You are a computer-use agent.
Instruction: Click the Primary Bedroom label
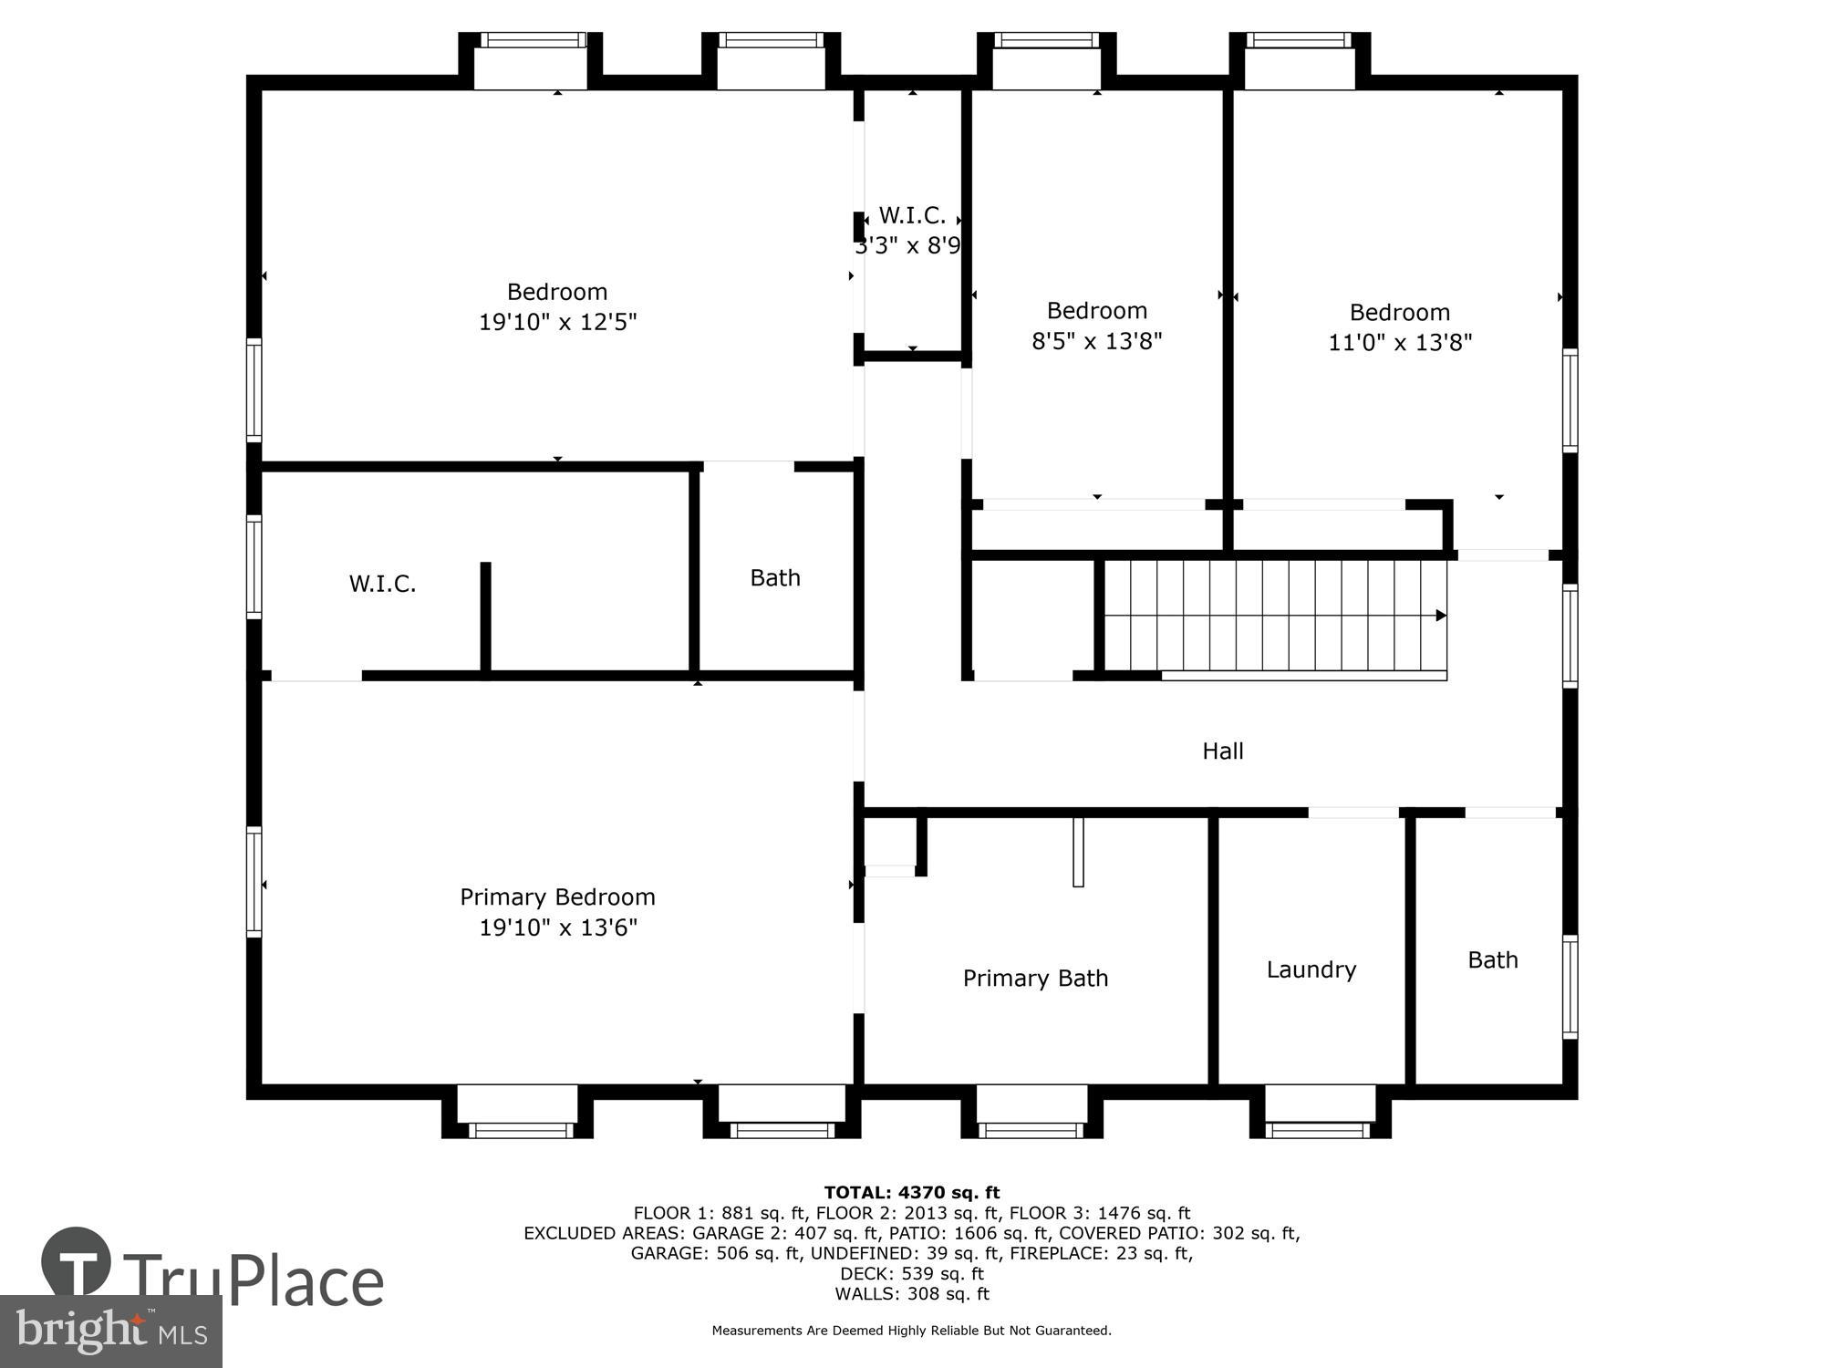pyautogui.click(x=557, y=897)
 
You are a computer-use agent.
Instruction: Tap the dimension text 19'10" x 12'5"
pyautogui.click(x=557, y=322)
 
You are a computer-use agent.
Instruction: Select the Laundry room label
pyautogui.click(x=1311, y=969)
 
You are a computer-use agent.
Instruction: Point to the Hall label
pyautogui.click(x=1222, y=751)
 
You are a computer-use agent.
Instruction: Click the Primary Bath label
pyautogui.click(x=1035, y=979)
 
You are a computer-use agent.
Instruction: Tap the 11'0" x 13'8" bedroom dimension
pyautogui.click(x=1400, y=343)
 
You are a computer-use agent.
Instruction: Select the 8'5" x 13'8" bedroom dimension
pyautogui.click(x=1096, y=341)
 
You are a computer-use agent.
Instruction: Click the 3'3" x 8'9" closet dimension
pyautogui.click(x=908, y=245)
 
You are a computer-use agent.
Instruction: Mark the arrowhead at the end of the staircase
pyautogui.click(x=1441, y=616)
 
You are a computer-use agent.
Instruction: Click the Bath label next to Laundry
pyautogui.click(x=1492, y=959)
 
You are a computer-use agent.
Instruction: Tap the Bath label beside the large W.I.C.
pyautogui.click(x=775, y=577)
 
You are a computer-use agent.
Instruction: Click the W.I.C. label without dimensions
pyautogui.click(x=382, y=584)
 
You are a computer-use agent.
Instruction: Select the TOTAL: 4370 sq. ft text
pyautogui.click(x=911, y=1192)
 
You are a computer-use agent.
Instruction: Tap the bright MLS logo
pyautogui.click(x=110, y=1332)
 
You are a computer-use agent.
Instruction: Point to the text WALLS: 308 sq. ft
pyautogui.click(x=911, y=1293)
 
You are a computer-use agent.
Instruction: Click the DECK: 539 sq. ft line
pyautogui.click(x=911, y=1273)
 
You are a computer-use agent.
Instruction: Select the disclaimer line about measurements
pyautogui.click(x=911, y=1331)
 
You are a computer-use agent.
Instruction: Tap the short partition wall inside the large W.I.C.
pyautogui.click(x=485, y=618)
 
